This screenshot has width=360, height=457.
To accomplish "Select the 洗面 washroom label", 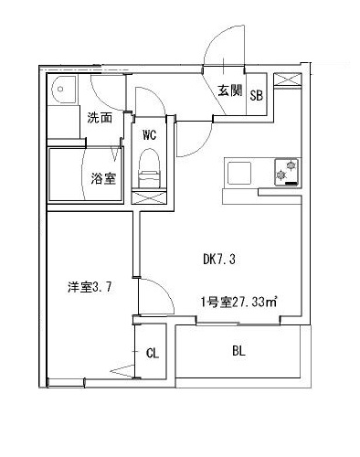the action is [100, 117].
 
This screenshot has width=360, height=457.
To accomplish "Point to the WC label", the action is [150, 135].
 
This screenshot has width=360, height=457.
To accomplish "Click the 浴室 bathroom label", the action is [103, 177].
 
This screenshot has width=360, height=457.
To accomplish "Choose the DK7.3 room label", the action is [219, 259].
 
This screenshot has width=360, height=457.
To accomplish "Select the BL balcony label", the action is [238, 351].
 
